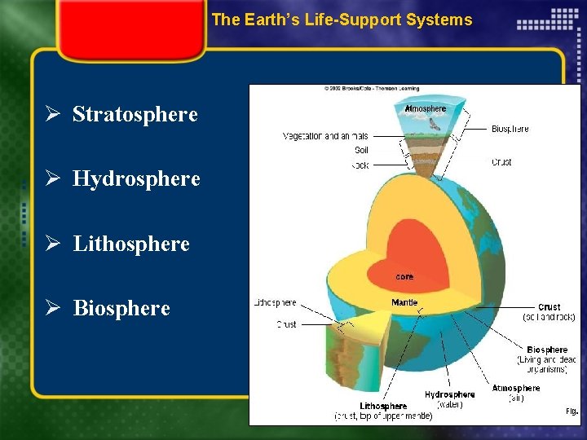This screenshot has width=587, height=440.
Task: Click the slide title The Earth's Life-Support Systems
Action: pos(342,20)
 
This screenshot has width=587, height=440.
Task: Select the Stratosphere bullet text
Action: pos(135,114)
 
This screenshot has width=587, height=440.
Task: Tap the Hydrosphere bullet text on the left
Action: pos(136,178)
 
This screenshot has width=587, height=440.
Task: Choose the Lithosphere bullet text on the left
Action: pos(131,244)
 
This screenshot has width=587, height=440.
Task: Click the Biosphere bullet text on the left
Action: pos(121,308)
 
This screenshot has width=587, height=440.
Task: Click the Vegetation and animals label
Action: pos(325,136)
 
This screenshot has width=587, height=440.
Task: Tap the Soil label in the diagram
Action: pos(361,150)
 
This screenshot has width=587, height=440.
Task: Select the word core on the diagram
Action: pos(404,277)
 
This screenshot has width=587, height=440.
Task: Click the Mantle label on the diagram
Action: pos(404,302)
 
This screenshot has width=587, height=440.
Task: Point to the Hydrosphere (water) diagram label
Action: pos(449,399)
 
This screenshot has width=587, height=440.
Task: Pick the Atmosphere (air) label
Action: pos(515,393)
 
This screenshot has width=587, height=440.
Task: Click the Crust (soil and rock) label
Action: pos(549,311)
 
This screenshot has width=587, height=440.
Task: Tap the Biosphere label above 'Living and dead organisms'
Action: pos(547,350)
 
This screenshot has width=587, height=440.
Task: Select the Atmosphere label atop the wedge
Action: pos(426,108)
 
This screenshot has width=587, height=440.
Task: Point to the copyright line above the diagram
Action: pos(371,89)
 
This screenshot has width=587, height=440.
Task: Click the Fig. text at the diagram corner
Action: pos(572,411)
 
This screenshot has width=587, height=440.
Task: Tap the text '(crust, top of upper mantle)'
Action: pos(383,416)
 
